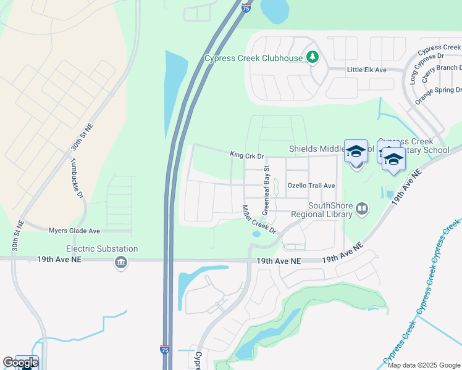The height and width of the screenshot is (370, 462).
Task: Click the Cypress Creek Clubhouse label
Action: [x=254, y=59]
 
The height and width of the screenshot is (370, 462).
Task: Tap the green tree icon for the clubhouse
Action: [x=313, y=58]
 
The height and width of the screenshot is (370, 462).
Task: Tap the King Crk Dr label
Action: [x=246, y=155]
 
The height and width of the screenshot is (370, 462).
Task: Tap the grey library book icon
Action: [x=362, y=210]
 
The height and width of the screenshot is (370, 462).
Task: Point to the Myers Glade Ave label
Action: [x=74, y=231]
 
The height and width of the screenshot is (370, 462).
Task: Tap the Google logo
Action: [x=20, y=363]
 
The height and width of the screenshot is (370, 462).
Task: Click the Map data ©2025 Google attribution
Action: [x=424, y=365]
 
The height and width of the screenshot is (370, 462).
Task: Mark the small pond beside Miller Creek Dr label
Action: [x=256, y=234]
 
